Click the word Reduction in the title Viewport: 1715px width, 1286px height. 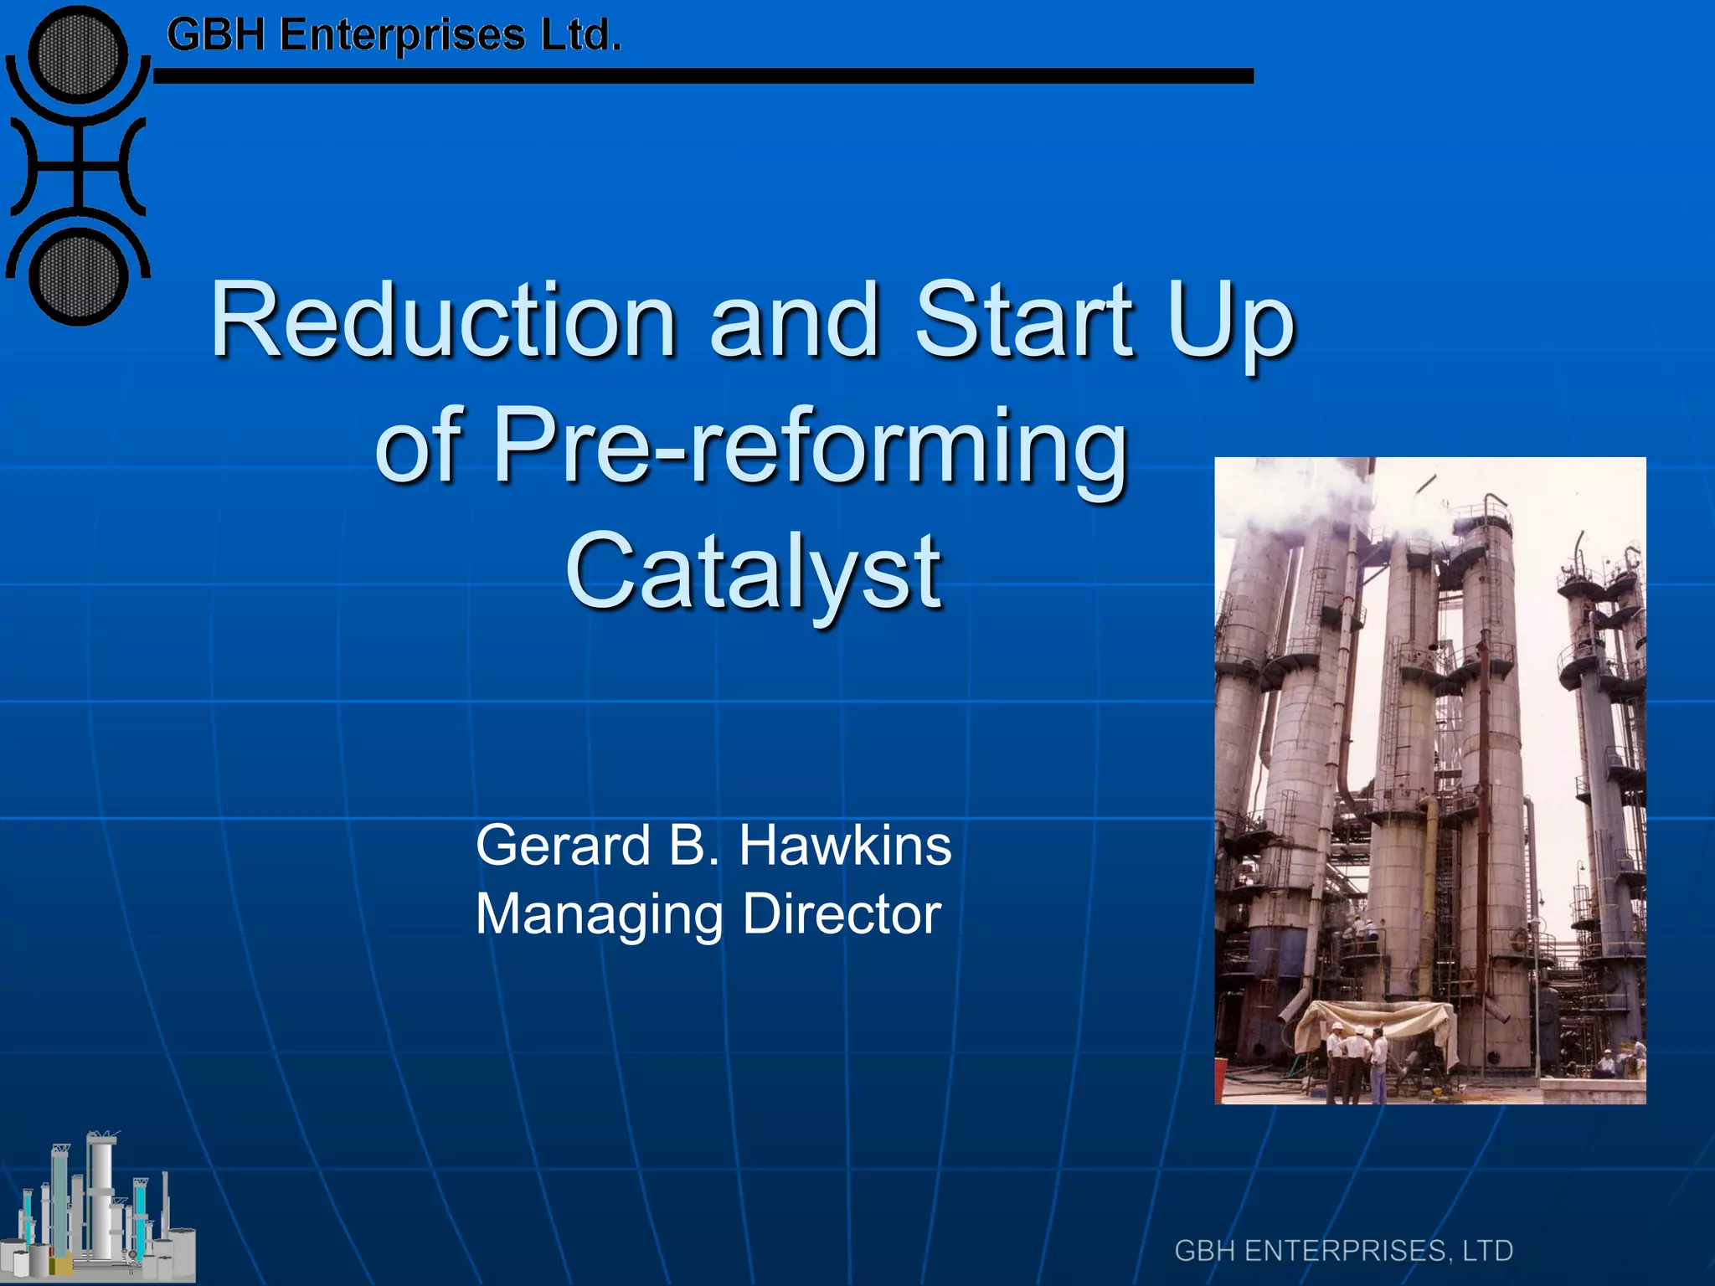[x=443, y=321]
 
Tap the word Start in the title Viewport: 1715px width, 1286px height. [x=1025, y=321]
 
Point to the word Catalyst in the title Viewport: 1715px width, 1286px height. [x=754, y=572]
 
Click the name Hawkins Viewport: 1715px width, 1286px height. [x=845, y=845]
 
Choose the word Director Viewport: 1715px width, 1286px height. [x=842, y=913]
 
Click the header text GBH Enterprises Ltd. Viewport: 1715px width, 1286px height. [x=394, y=36]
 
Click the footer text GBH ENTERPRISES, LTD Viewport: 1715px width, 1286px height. [x=1343, y=1251]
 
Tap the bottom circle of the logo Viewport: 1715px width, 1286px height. [x=79, y=276]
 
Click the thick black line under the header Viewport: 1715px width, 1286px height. [x=703, y=76]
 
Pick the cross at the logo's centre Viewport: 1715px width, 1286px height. [x=78, y=164]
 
